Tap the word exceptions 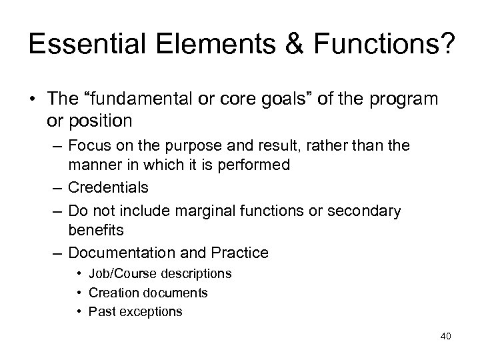point(151,311)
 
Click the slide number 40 point(445,335)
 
